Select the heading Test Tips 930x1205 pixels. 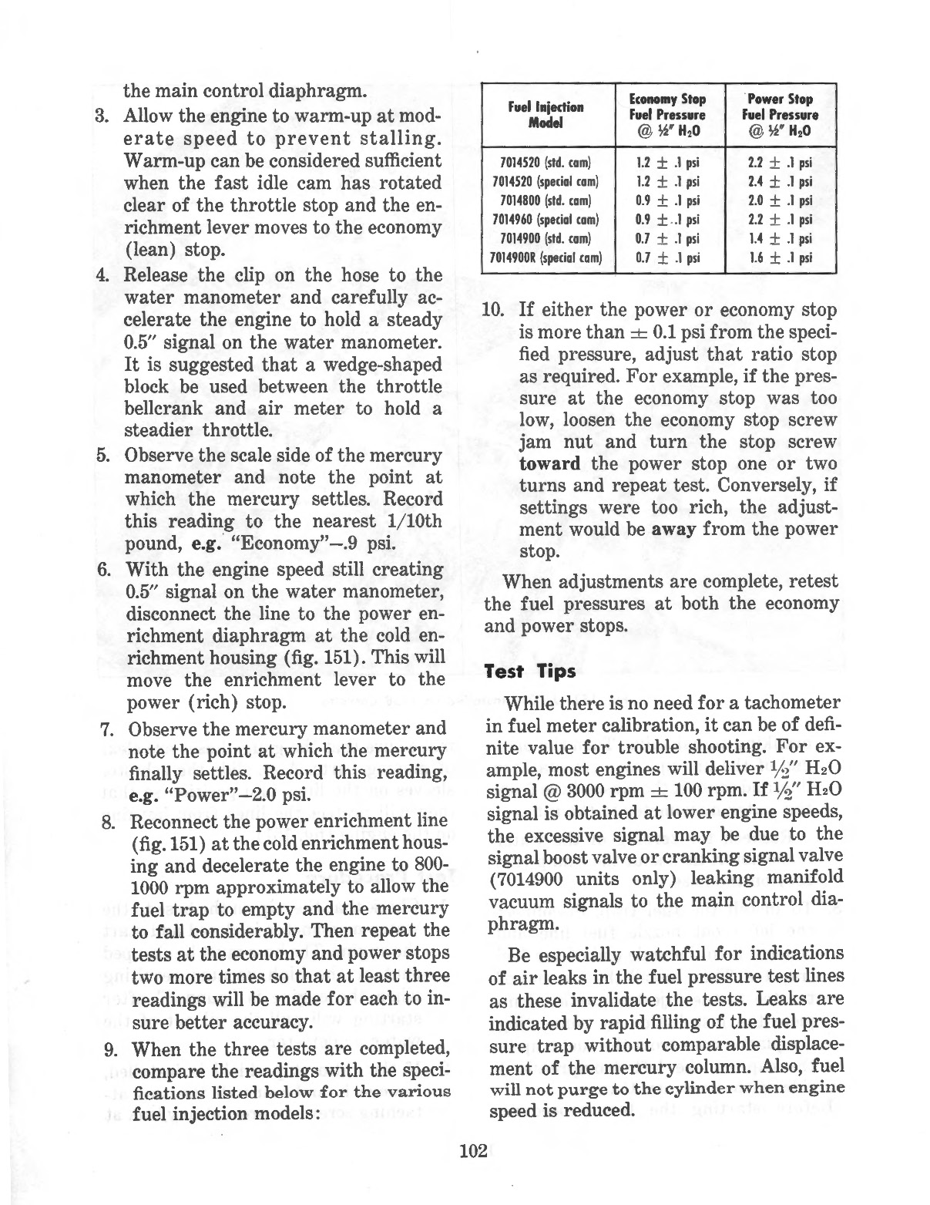point(530,672)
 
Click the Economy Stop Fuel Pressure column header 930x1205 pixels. point(667,114)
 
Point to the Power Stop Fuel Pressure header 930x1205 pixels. point(780,114)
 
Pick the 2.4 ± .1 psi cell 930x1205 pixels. point(780,182)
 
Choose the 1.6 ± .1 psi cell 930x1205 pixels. point(780,257)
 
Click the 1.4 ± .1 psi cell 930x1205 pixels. point(780,239)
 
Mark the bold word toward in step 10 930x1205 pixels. point(550,464)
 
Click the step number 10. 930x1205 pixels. point(492,311)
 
